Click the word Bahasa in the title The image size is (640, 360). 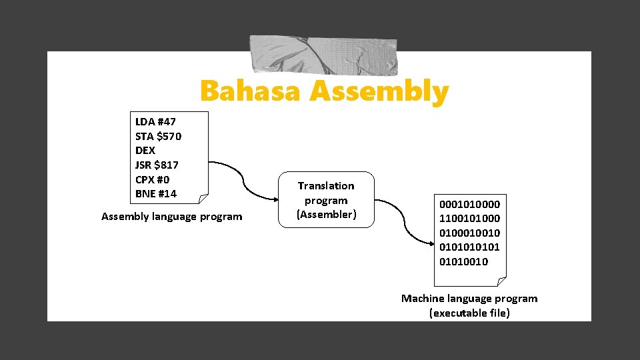click(x=251, y=92)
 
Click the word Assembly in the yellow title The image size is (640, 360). click(x=379, y=92)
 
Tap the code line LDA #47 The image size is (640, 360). click(x=155, y=121)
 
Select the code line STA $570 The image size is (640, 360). click(x=158, y=136)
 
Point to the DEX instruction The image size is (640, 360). click(x=145, y=151)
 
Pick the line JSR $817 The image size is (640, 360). click(x=157, y=165)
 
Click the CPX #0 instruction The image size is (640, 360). click(x=152, y=179)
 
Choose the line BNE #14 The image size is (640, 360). click(x=156, y=194)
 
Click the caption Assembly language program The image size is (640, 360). click(x=172, y=216)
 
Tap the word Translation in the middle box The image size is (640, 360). click(x=326, y=185)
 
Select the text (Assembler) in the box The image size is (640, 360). click(x=326, y=214)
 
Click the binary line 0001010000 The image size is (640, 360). click(x=469, y=204)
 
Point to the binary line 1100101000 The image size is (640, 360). click(x=469, y=219)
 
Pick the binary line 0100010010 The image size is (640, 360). click(x=469, y=233)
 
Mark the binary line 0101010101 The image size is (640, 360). click(x=469, y=247)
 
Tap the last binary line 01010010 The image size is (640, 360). click(x=463, y=261)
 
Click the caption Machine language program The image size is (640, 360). click(x=469, y=298)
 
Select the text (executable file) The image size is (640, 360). click(x=469, y=313)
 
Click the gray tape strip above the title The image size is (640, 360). click(x=323, y=55)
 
